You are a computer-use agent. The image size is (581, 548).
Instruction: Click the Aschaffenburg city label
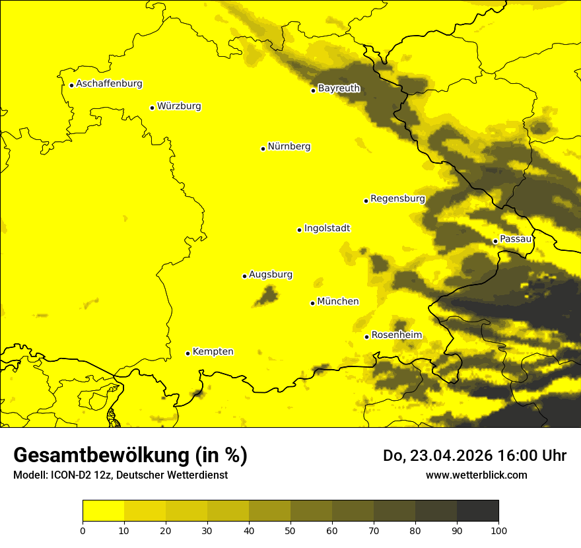109,84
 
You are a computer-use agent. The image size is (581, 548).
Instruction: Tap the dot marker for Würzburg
152,108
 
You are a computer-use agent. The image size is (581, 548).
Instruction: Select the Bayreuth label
339,88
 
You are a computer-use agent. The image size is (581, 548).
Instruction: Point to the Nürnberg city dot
263,149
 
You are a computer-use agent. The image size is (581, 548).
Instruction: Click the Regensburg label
397,198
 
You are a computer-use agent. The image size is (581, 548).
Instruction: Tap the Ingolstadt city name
327,228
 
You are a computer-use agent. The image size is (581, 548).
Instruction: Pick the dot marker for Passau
495,241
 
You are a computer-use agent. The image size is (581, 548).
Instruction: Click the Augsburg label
271,274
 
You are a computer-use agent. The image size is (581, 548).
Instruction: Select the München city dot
312,303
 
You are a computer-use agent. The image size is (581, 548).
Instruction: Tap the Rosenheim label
396,335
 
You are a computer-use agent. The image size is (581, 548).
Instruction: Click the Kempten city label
213,351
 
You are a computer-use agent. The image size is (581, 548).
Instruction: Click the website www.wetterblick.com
476,475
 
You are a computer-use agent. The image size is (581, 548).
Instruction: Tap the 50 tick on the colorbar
290,530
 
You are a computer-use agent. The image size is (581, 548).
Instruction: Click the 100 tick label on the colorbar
498,530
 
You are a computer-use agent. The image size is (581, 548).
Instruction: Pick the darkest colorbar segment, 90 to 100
477,510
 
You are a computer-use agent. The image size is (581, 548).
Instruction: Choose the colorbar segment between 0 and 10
103,510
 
